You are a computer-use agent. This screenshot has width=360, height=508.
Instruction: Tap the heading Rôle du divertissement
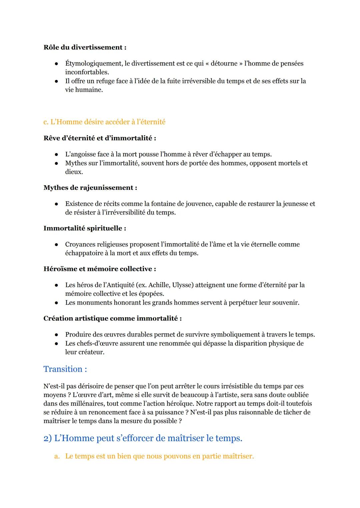click(x=85, y=47)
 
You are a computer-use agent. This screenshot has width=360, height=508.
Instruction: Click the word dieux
click(x=74, y=172)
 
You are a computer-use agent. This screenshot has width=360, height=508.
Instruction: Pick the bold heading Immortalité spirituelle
click(x=85, y=228)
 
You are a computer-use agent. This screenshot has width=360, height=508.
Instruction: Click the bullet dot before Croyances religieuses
click(x=57, y=245)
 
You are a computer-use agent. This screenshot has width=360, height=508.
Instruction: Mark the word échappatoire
click(x=84, y=253)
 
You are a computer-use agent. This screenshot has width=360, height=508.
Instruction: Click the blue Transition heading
click(x=65, y=369)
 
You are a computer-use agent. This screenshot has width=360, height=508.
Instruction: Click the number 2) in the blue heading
click(x=48, y=438)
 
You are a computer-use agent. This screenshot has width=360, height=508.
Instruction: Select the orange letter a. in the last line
click(x=57, y=456)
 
